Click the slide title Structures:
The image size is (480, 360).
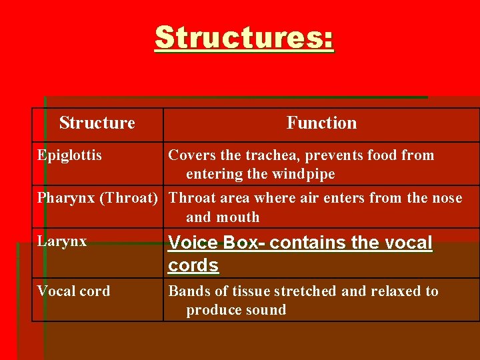[x=245, y=38]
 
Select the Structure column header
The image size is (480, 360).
[x=97, y=123]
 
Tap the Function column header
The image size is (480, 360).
[x=321, y=123]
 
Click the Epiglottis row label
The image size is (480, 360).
[x=69, y=155]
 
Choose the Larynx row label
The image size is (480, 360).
[x=62, y=241]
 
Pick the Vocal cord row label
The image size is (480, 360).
[x=73, y=291]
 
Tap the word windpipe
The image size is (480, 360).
[x=304, y=174]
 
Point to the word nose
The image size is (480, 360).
[x=446, y=199]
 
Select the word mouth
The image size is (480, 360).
[x=239, y=217]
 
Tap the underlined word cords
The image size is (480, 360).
[x=193, y=265]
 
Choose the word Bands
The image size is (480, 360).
[x=187, y=291]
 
